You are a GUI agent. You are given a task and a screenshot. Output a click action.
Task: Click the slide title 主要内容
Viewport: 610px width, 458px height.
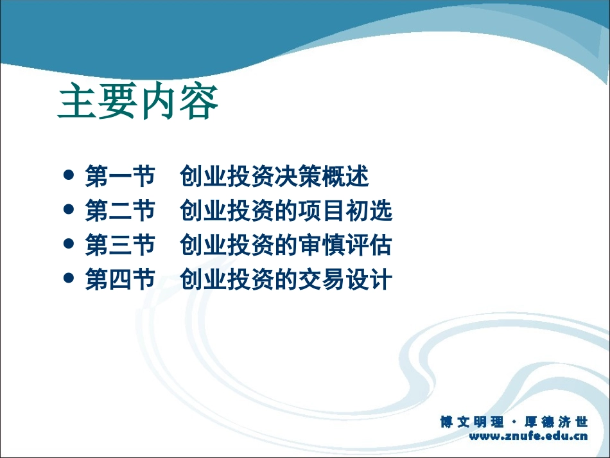tap(138, 103)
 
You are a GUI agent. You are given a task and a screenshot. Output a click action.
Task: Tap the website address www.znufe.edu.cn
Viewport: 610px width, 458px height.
tap(528, 437)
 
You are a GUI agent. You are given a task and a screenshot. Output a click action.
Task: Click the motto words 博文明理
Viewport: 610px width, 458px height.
tap(473, 422)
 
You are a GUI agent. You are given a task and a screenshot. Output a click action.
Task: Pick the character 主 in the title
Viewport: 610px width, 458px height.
tap(77, 103)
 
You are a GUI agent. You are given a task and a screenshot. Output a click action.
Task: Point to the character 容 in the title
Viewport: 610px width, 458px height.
tap(199, 103)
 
